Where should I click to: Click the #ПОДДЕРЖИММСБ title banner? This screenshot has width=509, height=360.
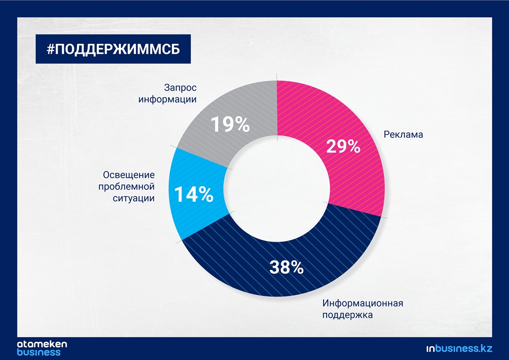coord(113,49)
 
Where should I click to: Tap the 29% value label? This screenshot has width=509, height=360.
coord(343,146)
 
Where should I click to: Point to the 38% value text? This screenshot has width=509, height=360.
coord(286,267)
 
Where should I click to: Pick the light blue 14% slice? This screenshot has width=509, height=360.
coord(195,195)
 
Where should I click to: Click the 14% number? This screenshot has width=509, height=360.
coord(194,194)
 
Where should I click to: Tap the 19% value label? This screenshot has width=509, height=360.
coord(230,124)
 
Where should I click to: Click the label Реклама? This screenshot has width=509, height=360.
coord(403,135)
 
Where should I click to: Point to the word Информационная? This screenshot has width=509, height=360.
coord(362,303)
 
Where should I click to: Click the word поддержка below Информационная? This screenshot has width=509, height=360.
coord(347,315)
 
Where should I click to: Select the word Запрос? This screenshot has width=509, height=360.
coord(180,88)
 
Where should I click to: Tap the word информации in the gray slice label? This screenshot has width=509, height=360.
coord(168,99)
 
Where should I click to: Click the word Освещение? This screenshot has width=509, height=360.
coord(129,175)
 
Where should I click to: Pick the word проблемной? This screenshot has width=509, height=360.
coord(126,186)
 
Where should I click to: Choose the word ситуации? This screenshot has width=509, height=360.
coord(133,198)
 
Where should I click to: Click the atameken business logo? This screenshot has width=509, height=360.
coord(42,348)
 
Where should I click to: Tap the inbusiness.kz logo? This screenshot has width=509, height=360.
coord(459,349)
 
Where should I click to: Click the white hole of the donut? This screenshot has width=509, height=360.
coord(277,188)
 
